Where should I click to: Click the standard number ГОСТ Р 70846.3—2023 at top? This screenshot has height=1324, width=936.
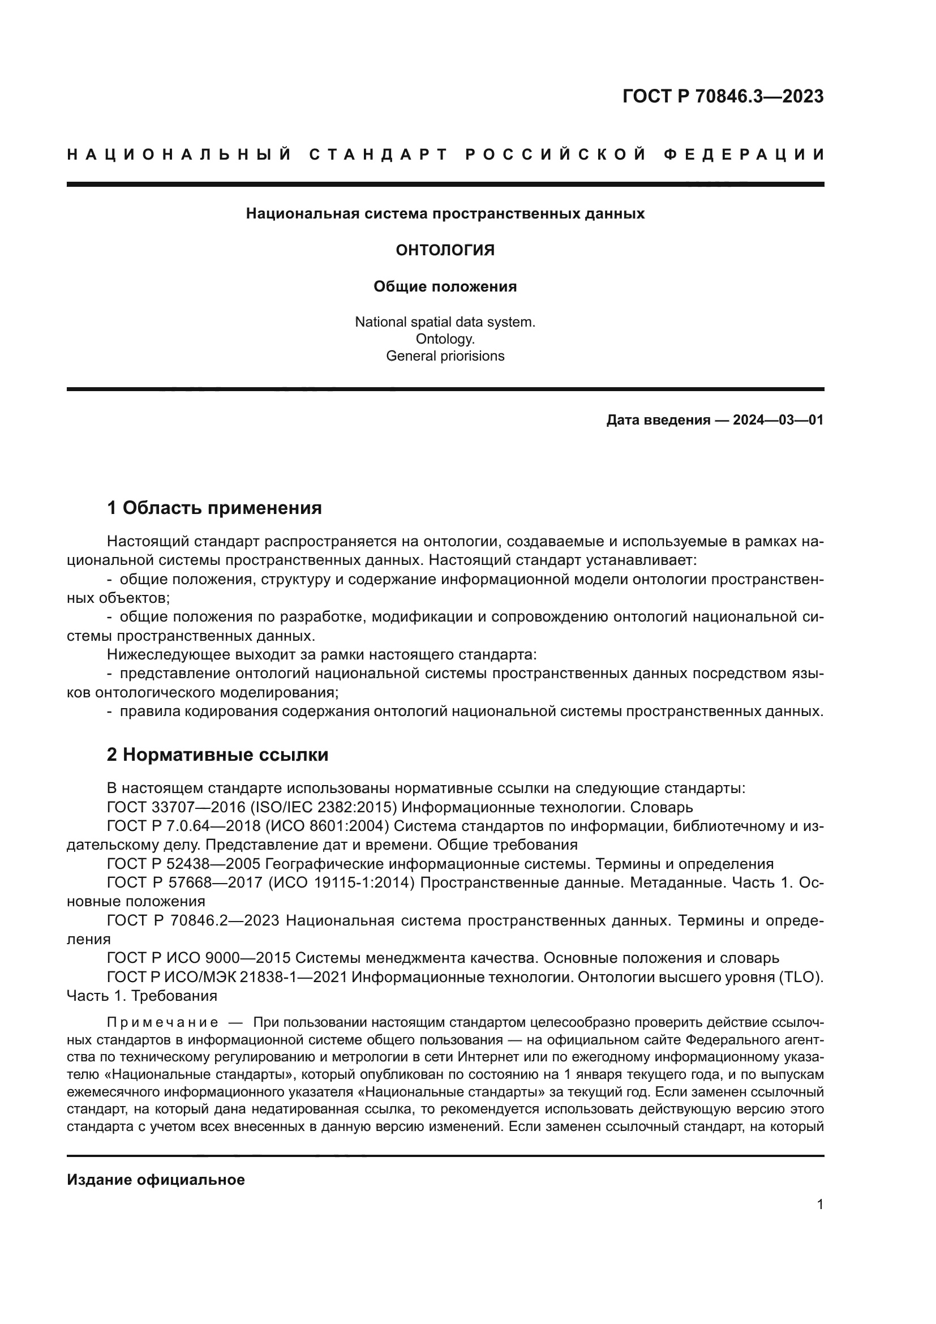click(x=723, y=96)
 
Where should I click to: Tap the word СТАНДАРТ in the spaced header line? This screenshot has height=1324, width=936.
click(x=379, y=155)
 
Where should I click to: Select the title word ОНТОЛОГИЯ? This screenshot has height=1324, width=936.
click(x=445, y=250)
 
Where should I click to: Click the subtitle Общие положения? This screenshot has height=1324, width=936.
click(x=445, y=286)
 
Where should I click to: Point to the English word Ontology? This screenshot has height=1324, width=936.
click(x=445, y=339)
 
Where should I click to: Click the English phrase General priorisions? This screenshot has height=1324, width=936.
click(x=445, y=356)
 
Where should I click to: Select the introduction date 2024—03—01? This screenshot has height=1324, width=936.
click(x=778, y=420)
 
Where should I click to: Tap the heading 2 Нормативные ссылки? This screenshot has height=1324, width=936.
click(x=217, y=755)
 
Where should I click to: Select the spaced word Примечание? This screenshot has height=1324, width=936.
click(x=162, y=1023)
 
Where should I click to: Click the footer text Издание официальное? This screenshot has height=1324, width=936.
click(x=156, y=1180)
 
